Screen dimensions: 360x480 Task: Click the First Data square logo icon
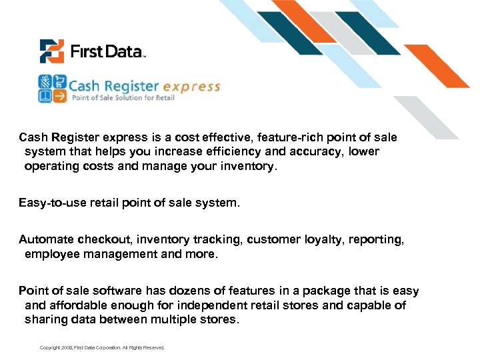[51, 51]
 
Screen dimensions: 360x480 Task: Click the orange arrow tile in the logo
[59, 96]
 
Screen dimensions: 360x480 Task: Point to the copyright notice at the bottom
[101, 347]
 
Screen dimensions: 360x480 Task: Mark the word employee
[51, 254]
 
